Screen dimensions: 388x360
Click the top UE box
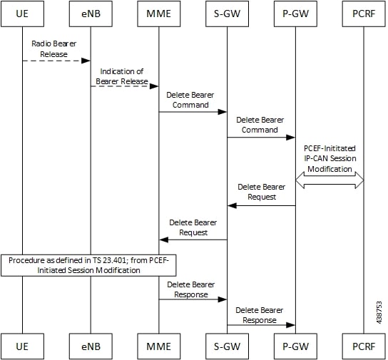(23, 14)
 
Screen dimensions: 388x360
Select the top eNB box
(91, 14)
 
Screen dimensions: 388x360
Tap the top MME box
(159, 14)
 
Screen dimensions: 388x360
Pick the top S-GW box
(227, 14)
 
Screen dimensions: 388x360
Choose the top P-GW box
(295, 14)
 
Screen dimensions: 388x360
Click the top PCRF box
(364, 14)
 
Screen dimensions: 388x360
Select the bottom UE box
(23, 346)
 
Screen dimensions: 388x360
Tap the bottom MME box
(159, 346)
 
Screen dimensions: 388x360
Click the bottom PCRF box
(364, 346)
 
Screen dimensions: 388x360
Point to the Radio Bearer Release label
(54, 48)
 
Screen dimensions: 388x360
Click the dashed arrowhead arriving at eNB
(86, 61)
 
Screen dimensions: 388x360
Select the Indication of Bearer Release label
(122, 76)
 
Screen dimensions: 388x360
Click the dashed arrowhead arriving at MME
(154, 86)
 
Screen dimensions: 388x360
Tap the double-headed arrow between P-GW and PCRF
(330, 180)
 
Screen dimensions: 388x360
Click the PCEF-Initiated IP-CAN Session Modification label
(330, 159)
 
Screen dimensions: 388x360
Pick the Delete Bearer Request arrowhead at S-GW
(232, 205)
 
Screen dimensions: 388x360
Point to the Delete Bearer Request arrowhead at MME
(164, 240)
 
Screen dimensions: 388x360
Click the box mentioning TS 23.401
(88, 265)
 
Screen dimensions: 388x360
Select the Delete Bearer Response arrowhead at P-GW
(290, 325)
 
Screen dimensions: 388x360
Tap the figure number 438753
(379, 312)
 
